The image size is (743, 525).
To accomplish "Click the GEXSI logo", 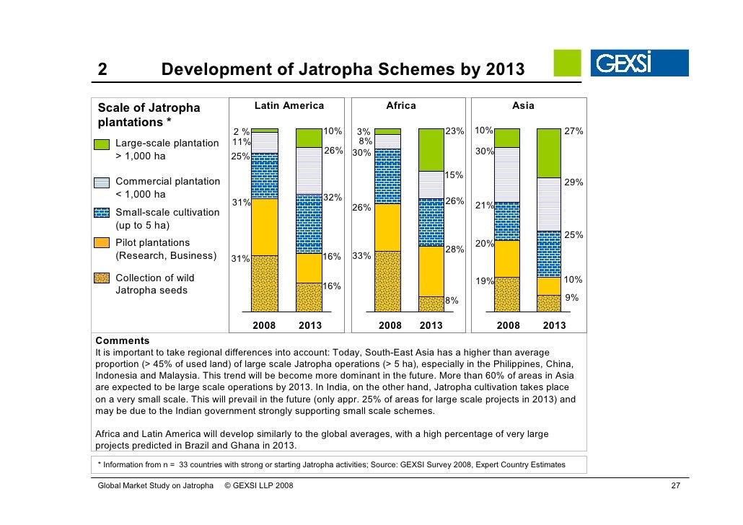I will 639,63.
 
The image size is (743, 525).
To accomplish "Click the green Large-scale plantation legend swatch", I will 102,143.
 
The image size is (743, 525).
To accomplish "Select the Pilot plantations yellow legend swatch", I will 102,242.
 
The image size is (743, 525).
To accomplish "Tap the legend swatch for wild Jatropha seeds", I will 102,278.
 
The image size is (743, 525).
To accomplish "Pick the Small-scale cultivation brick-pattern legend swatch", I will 102,212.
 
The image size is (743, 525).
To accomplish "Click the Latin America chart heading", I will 289,106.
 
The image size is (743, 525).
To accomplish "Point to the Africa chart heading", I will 401,106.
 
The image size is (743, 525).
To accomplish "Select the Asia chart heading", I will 523,106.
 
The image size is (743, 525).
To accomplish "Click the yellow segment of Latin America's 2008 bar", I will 264,226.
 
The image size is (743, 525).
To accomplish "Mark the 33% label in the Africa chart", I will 361,256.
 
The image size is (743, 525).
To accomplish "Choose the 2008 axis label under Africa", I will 390,325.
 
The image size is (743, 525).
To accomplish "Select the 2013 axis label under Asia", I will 554,325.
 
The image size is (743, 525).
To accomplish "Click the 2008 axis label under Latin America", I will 264,325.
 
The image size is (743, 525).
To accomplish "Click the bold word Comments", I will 123,340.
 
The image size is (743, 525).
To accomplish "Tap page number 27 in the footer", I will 675,487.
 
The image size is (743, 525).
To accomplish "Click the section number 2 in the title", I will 102,70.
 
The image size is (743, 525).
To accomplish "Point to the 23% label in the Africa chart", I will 454,131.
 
